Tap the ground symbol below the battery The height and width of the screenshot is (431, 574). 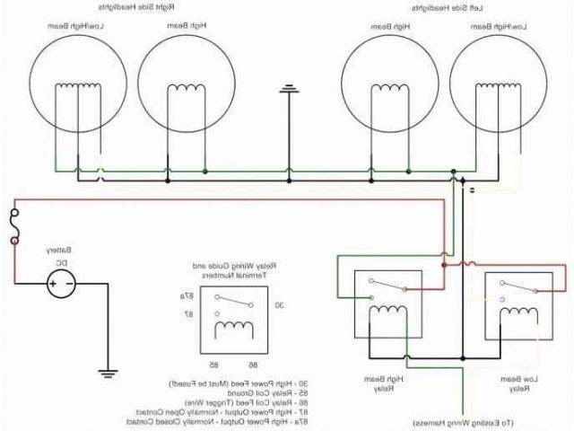click(108, 370)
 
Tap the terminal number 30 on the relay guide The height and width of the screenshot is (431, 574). click(280, 305)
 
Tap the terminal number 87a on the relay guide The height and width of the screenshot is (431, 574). click(187, 295)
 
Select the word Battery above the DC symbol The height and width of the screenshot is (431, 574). click(60, 251)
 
